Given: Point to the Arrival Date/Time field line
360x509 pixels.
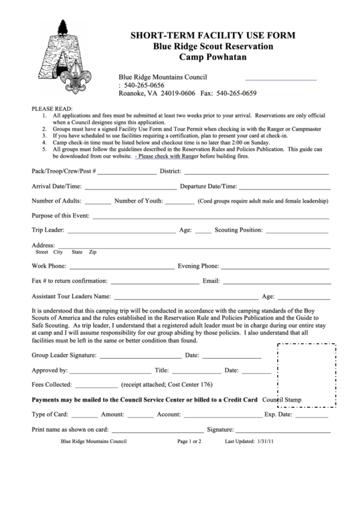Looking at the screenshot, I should pyautogui.click(x=130, y=187).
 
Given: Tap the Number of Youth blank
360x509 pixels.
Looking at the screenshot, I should pyautogui.click(x=179, y=202).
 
